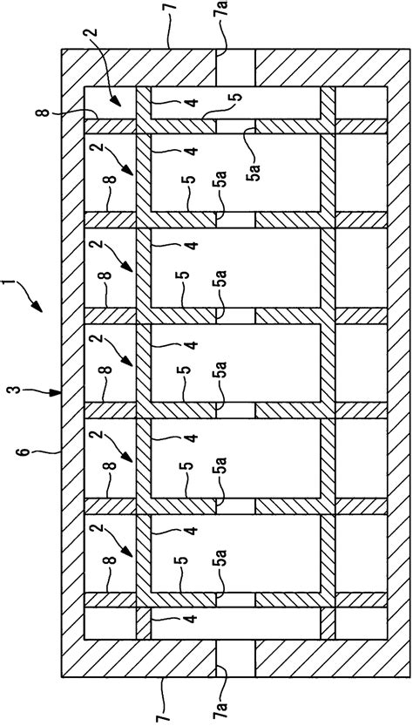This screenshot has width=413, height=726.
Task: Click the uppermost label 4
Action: point(191,102)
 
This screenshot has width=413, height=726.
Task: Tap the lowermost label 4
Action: point(191,621)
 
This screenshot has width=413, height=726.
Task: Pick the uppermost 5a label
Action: point(251,148)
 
